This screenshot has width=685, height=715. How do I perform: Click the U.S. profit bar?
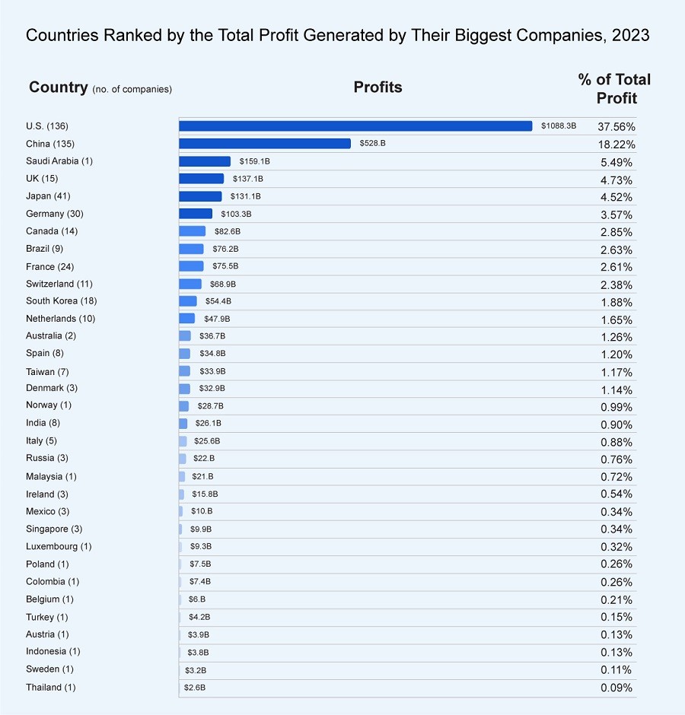(x=355, y=126)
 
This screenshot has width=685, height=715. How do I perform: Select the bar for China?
(x=265, y=143)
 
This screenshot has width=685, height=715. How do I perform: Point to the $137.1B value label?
(x=247, y=179)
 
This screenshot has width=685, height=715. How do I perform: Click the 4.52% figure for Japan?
(x=616, y=197)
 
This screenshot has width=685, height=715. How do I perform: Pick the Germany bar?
(x=196, y=214)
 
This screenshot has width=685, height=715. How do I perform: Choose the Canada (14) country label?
(x=52, y=231)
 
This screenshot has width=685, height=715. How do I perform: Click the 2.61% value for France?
(x=616, y=267)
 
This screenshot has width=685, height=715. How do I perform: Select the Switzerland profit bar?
(x=190, y=284)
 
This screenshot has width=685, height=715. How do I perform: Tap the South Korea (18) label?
(x=61, y=301)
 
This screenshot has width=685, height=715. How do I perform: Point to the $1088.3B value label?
(x=559, y=126)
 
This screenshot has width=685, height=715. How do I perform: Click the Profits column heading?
(x=378, y=87)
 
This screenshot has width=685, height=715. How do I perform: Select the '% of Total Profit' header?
(x=615, y=88)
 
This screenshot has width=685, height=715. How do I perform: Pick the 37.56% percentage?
(x=616, y=126)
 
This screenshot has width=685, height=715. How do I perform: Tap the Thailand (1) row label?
(x=50, y=688)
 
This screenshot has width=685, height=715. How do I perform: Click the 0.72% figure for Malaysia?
(x=616, y=477)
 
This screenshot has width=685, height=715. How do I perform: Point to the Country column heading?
(x=59, y=87)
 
